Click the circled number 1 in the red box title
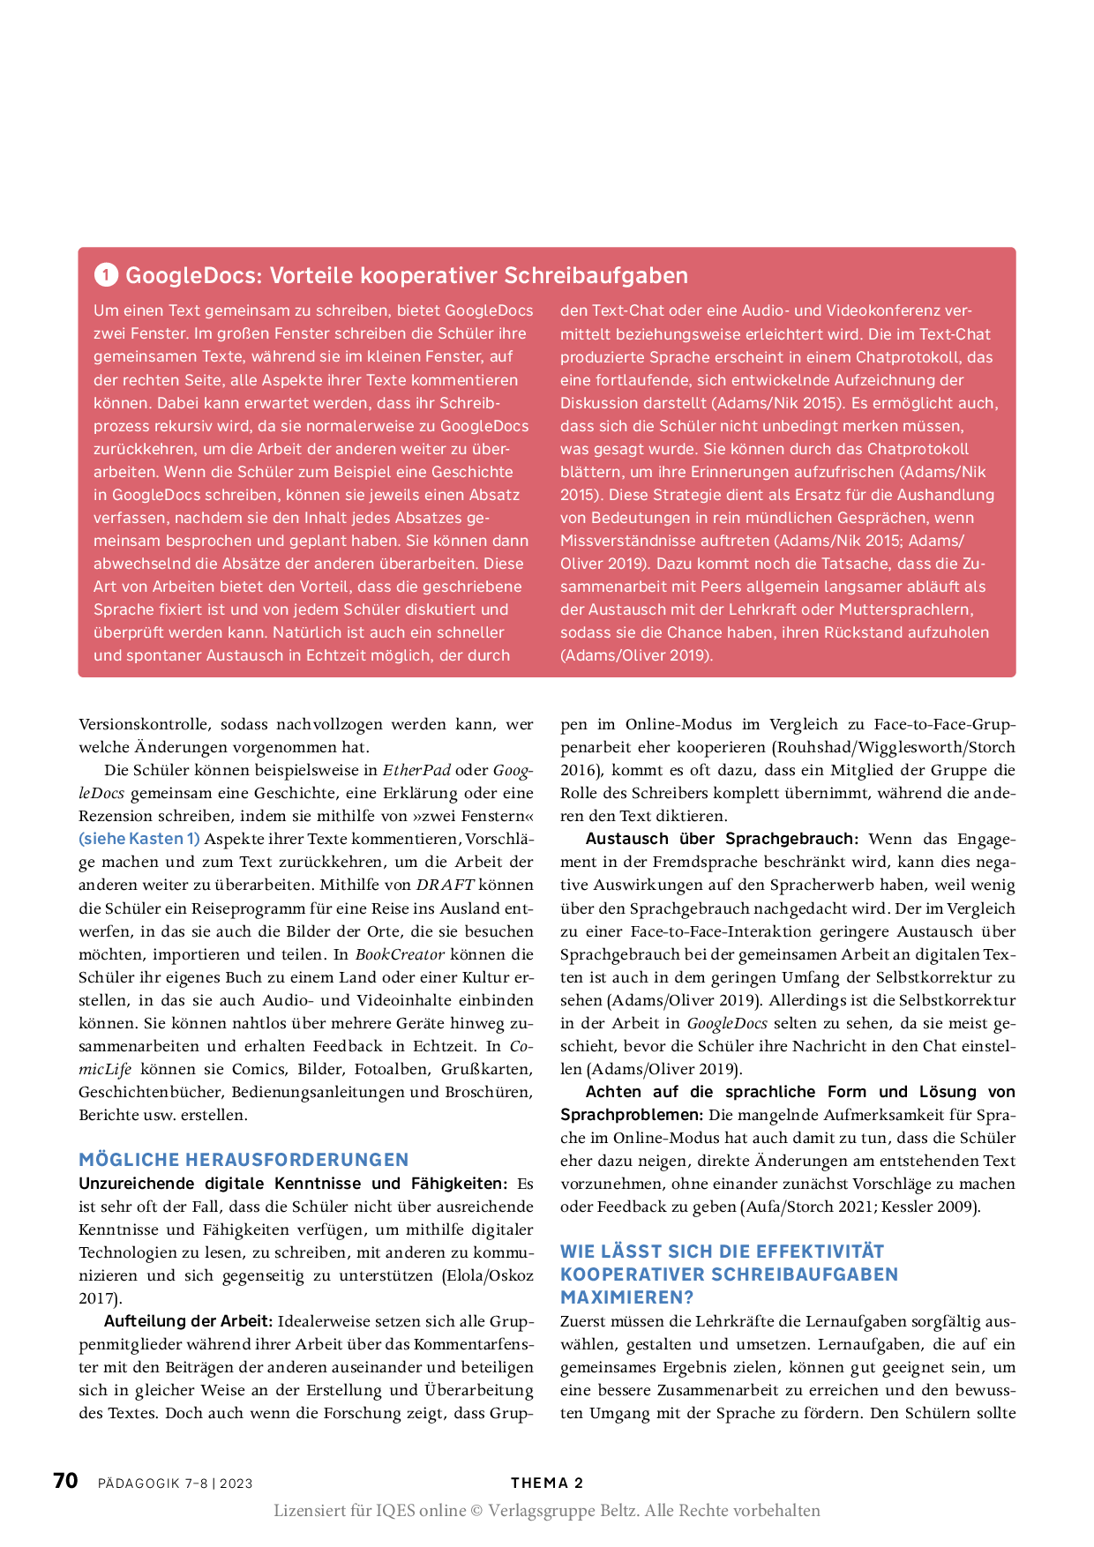[106, 275]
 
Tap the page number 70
[65, 1481]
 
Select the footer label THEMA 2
[547, 1483]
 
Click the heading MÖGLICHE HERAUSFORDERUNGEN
[244, 1160]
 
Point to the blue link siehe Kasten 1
[139, 839]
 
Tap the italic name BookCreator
[400, 954]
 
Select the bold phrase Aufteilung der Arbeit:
[188, 1321]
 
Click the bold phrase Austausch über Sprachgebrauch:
[722, 839]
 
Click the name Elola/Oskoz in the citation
[486, 1275]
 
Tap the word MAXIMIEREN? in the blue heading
[627, 1297]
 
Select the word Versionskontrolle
[145, 724]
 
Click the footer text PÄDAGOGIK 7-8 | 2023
[176, 1483]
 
